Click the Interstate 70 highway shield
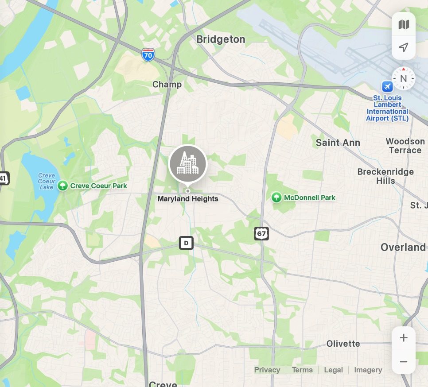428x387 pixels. tap(148, 54)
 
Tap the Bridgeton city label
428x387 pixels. tap(221, 39)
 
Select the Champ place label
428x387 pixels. tap(167, 85)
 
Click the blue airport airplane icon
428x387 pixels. tap(387, 86)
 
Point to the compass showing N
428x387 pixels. tap(403, 79)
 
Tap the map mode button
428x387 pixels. tap(404, 25)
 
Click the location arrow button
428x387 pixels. tap(404, 47)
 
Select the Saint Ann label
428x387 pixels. tap(338, 143)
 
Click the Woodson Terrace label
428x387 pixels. tap(405, 146)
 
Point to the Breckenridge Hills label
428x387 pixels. tap(385, 176)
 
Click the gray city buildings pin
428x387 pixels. tap(188, 164)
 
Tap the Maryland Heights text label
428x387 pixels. tap(188, 199)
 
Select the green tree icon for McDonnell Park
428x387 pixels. tap(276, 197)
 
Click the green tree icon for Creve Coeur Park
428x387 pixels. tap(62, 186)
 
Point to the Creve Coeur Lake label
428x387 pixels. tap(46, 181)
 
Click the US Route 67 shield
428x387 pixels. tap(261, 233)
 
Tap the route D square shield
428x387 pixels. tap(186, 243)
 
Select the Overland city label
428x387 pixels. tap(403, 247)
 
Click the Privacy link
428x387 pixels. tap(267, 370)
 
